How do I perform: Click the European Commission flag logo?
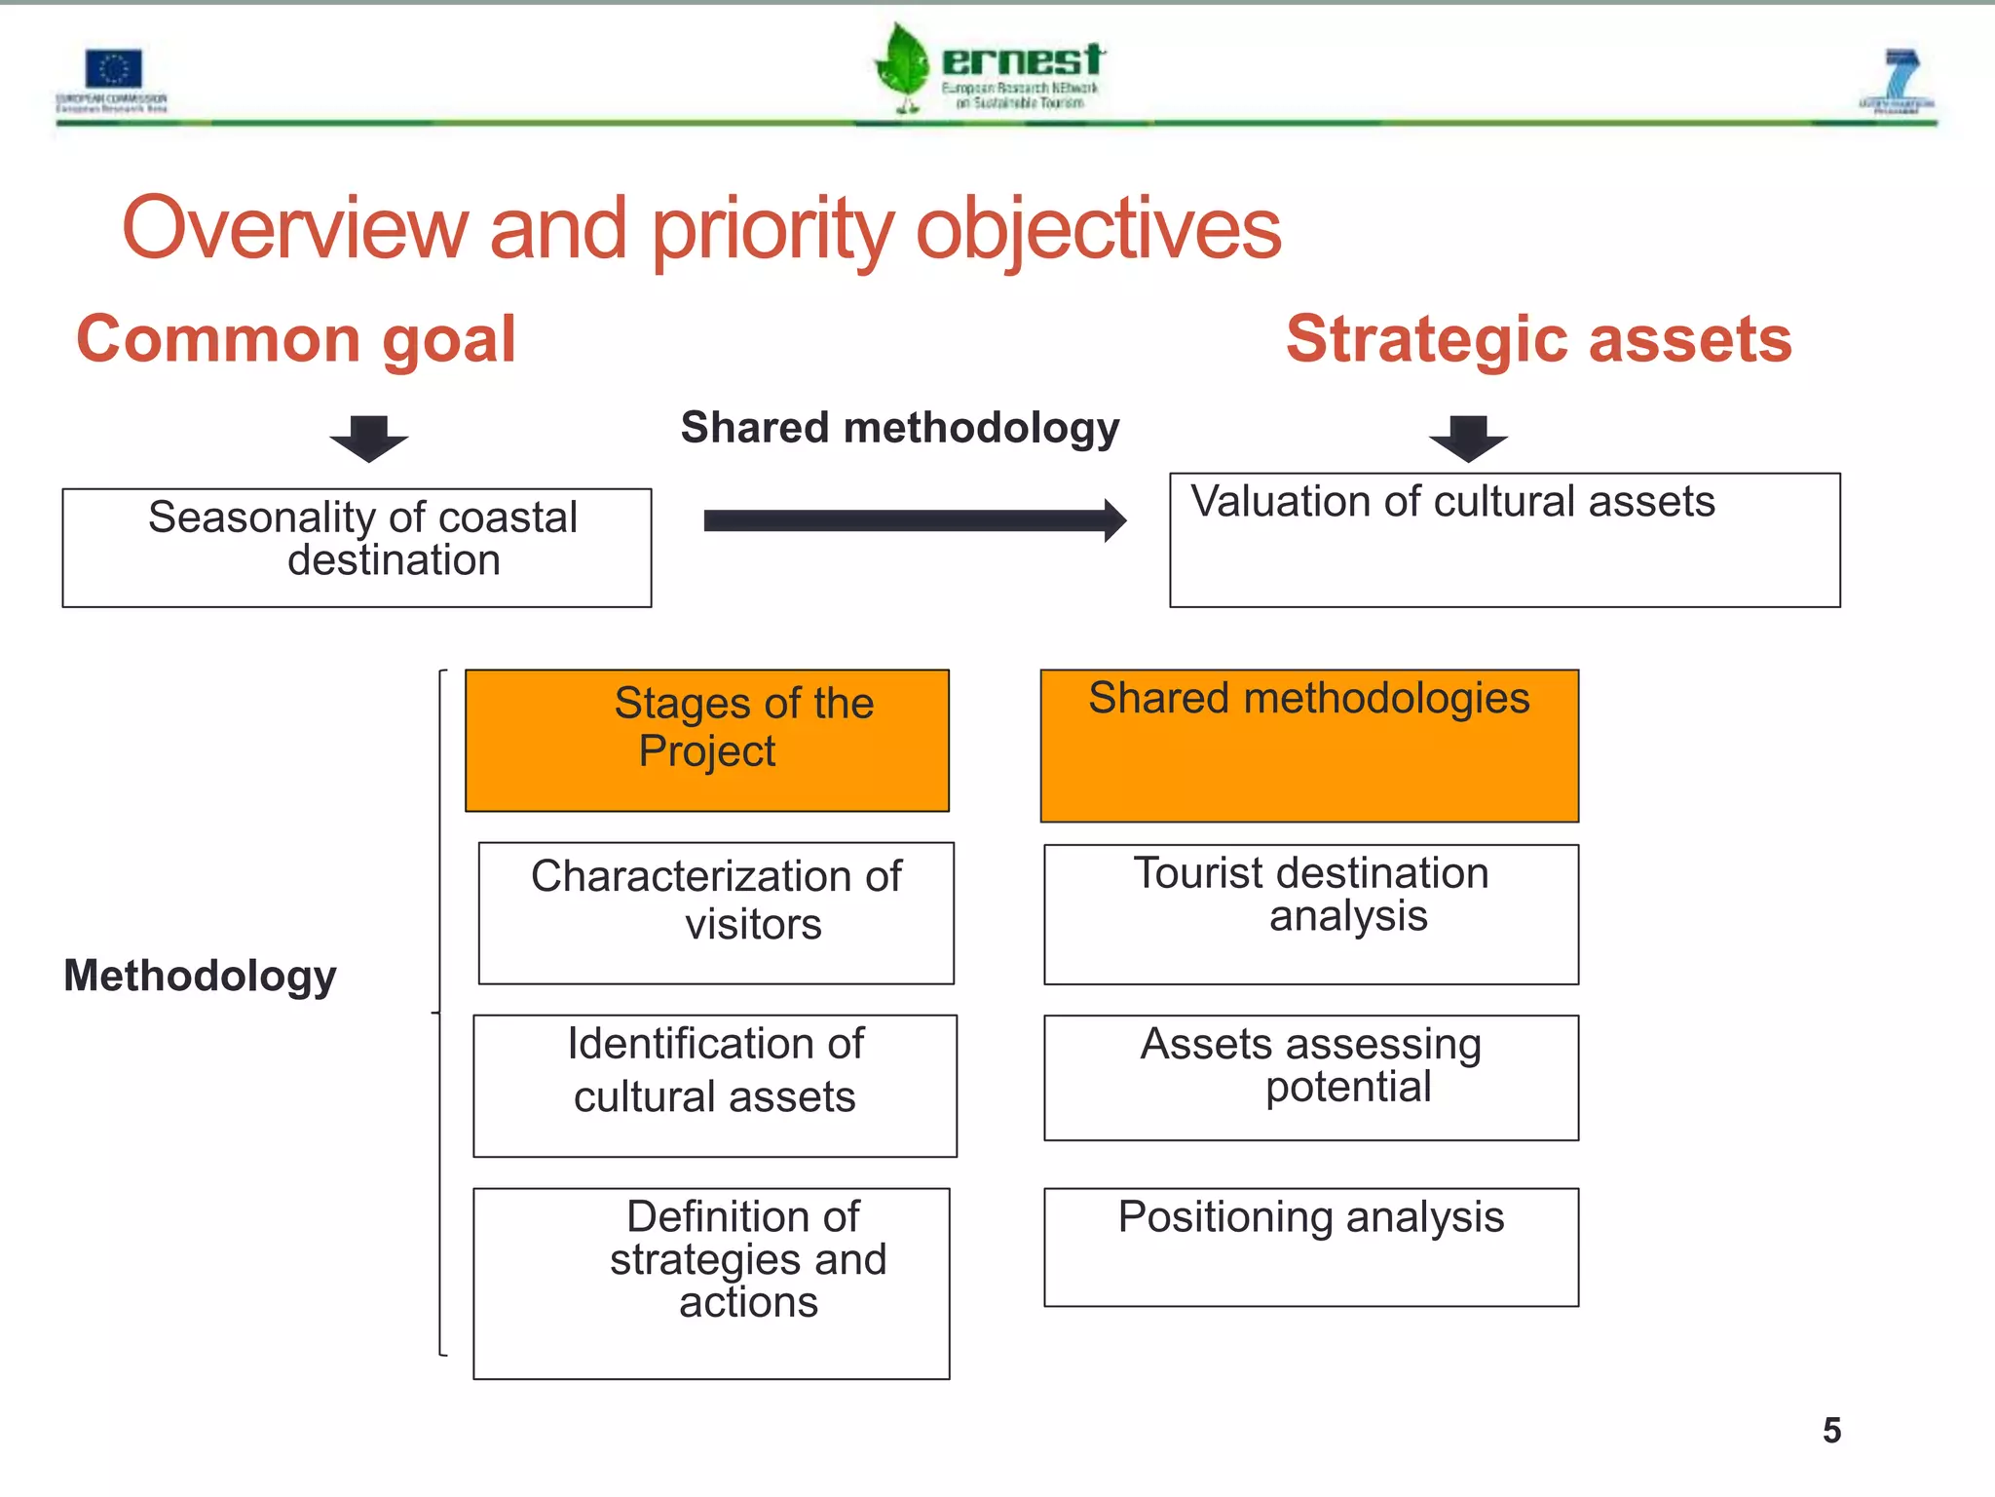coord(113,70)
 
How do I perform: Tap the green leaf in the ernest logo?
coord(903,64)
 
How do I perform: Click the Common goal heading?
coord(296,339)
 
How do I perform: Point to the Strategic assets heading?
coord(1538,339)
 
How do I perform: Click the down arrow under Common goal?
coord(368,438)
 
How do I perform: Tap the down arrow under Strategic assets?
coord(1468,438)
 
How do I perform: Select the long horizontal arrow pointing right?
coord(914,520)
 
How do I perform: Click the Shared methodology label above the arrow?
coord(900,428)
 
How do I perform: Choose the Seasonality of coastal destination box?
coord(357,548)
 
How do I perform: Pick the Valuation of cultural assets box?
coord(1504,540)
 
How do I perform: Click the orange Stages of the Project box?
coord(707,740)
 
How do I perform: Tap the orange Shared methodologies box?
coord(1309,746)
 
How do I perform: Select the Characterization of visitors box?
coord(716,913)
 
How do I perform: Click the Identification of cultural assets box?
coord(715,1086)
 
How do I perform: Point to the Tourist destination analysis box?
coord(1311,914)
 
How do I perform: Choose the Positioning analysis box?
coord(1311,1247)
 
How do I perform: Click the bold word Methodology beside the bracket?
coord(200,976)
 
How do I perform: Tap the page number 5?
coord(1831,1431)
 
